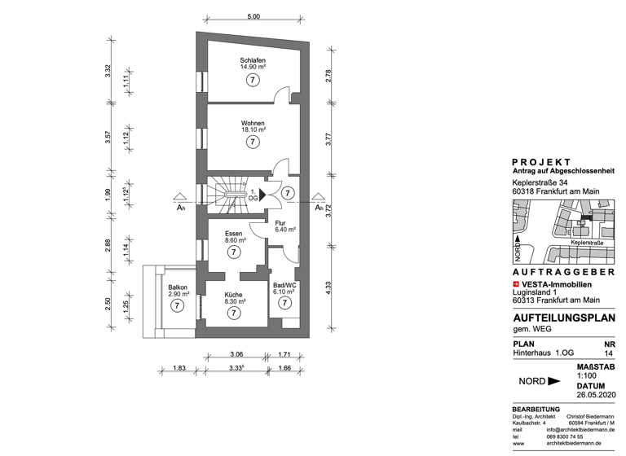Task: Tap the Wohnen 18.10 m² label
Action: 253,125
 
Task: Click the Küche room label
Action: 235,296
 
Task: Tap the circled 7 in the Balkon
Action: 177,305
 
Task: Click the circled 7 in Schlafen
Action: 253,80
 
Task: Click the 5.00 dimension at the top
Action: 253,16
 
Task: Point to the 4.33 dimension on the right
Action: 328,287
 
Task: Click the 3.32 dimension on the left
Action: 108,70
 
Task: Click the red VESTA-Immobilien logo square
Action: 515,283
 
